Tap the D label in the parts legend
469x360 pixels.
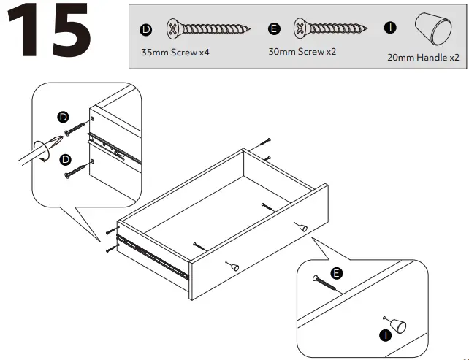[x=145, y=29]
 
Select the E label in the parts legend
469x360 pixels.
[x=274, y=29]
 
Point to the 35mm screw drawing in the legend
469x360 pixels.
[x=207, y=30]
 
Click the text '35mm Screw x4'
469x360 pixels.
[x=169, y=54]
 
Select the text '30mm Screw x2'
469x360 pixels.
[x=297, y=53]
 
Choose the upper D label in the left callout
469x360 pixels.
[x=63, y=117]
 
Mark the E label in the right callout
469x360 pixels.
[x=337, y=273]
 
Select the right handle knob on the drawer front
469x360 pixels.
[x=300, y=227]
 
